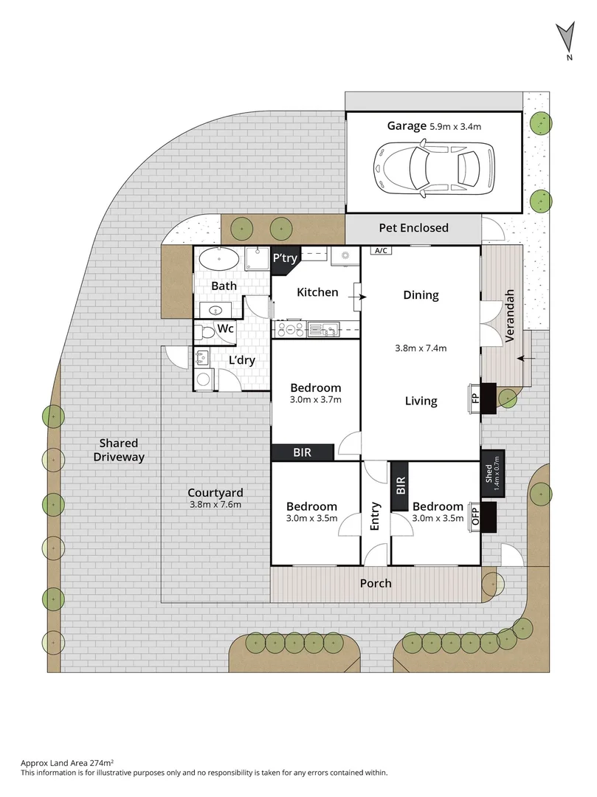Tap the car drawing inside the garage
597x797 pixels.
[434, 169]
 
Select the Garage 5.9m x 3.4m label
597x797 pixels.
[434, 126]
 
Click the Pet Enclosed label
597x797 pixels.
[413, 227]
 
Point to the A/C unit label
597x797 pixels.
[382, 251]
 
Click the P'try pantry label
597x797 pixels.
[284, 259]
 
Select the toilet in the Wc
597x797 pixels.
[207, 333]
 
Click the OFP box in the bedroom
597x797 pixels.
[475, 515]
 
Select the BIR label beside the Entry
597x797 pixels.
[401, 486]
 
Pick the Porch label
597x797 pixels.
[376, 583]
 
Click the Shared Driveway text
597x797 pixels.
[119, 450]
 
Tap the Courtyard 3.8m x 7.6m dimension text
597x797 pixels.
[215, 505]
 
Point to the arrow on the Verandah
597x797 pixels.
[526, 359]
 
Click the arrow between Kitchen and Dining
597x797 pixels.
[362, 297]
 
